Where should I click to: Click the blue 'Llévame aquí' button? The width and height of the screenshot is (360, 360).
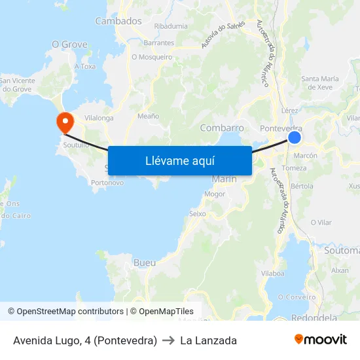point(180,160)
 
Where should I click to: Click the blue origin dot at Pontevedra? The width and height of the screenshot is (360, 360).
point(295,137)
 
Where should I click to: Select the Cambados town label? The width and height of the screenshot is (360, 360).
point(118,21)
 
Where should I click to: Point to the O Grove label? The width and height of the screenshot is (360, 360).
point(69,45)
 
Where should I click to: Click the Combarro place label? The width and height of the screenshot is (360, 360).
point(222,128)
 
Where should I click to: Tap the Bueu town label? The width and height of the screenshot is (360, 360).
point(144,262)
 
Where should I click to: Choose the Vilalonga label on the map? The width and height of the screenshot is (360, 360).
point(99,118)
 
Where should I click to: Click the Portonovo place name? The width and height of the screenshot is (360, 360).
point(108,183)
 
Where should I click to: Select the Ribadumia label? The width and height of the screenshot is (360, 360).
point(171,26)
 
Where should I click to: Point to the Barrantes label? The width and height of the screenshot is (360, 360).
point(159,43)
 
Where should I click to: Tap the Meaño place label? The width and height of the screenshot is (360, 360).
point(149,116)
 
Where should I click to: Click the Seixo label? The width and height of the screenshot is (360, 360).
point(197,213)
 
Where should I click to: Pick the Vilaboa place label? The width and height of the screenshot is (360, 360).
point(272,272)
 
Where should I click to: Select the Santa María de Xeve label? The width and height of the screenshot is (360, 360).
point(320,82)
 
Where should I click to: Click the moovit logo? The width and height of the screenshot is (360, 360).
point(321,340)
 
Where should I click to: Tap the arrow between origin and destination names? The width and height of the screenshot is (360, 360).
point(168,340)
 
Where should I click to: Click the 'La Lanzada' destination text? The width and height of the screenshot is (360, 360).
point(208,340)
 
